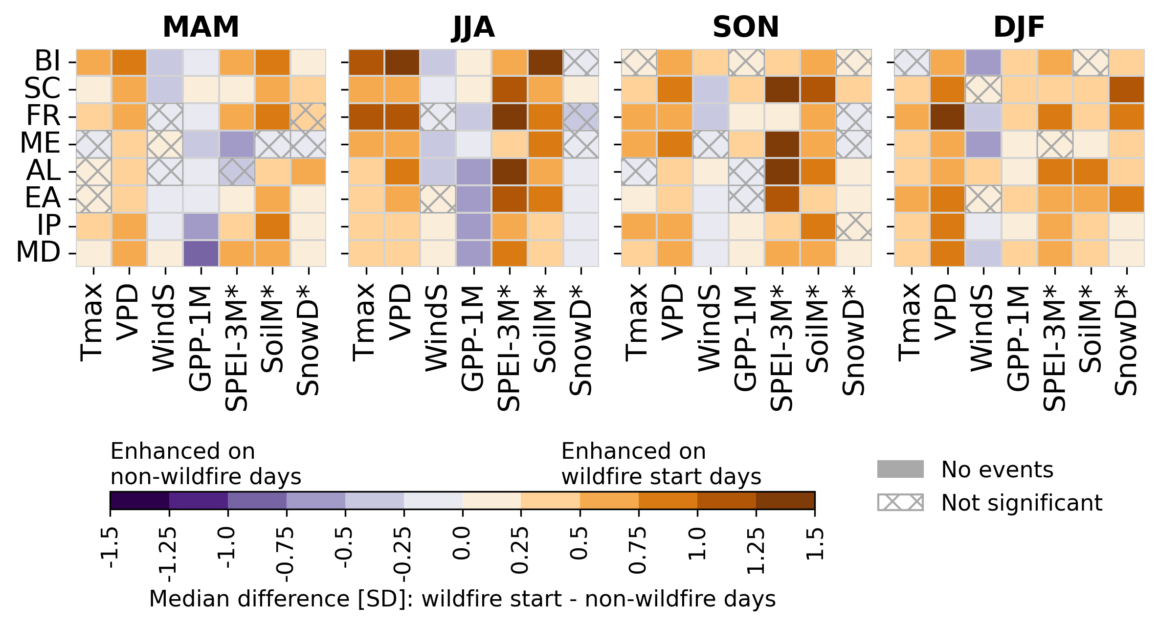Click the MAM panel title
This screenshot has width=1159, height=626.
(x=201, y=27)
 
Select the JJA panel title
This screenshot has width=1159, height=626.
(x=473, y=27)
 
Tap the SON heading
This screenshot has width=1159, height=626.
(x=746, y=27)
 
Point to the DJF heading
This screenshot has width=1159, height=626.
(x=1019, y=27)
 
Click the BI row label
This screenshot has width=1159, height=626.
(x=47, y=62)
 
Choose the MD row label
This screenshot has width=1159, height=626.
(x=39, y=253)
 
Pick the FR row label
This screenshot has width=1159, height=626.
(x=43, y=116)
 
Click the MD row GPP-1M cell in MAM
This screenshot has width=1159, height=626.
(x=201, y=253)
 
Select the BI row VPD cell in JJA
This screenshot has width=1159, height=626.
(x=402, y=62)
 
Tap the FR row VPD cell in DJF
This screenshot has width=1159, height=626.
(x=948, y=117)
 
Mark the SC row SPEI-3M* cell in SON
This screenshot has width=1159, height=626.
(x=782, y=89)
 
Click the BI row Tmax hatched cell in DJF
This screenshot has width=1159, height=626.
(x=912, y=62)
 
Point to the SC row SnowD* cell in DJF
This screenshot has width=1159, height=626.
(x=1127, y=89)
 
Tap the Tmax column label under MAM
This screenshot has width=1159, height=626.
(x=92, y=323)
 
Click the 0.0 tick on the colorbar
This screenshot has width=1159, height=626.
(x=462, y=543)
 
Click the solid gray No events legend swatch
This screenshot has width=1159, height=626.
(x=900, y=469)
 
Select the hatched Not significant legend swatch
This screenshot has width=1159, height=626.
(x=900, y=502)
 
